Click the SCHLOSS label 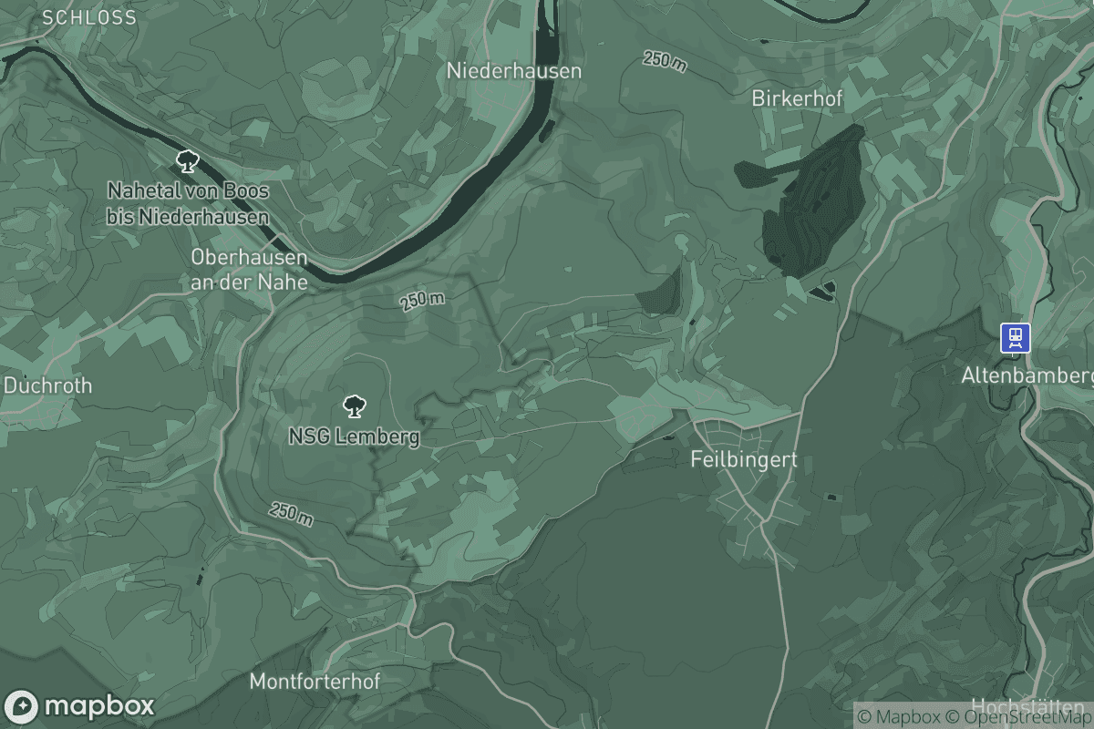point(89,17)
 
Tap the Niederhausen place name point(514,70)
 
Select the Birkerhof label point(797,98)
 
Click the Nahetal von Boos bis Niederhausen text point(188,204)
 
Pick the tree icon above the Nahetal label point(188,162)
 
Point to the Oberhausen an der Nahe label point(249,270)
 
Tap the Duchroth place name point(47,385)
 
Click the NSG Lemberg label point(354,436)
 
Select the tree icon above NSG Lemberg point(354,406)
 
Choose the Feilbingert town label point(743,459)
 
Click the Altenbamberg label point(1027,375)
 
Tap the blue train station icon point(1015,338)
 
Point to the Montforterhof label point(314,681)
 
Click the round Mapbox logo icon point(21,707)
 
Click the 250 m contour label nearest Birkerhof point(665,61)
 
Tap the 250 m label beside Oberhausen point(422,301)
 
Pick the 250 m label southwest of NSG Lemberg point(291,514)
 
